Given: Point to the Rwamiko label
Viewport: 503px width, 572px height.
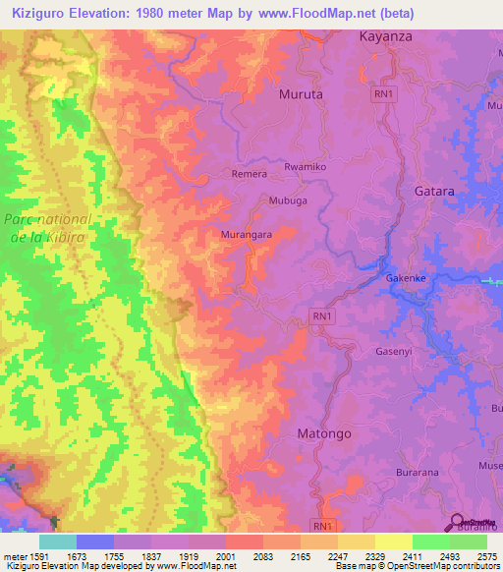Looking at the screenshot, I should click(305, 168).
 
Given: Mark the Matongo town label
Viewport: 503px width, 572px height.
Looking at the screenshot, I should click(323, 432).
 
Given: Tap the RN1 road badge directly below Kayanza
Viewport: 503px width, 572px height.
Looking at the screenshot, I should click(384, 93).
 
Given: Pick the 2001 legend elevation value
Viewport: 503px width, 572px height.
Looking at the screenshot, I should click(225, 556).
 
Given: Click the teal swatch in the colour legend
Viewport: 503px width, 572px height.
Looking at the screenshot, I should click(58, 542).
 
